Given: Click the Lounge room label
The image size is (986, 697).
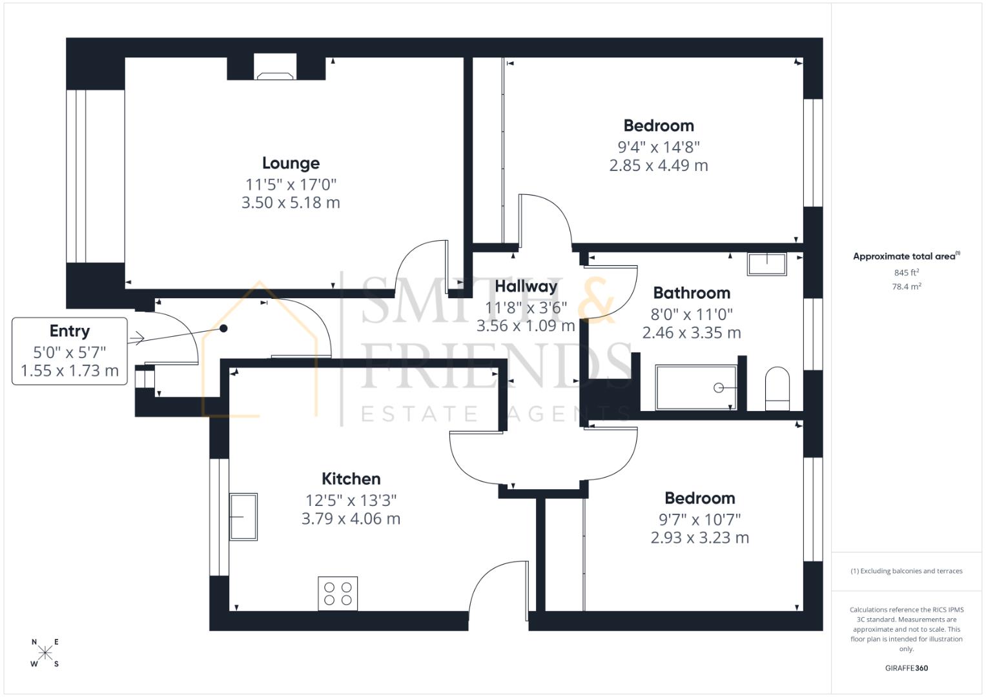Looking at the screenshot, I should [x=291, y=163].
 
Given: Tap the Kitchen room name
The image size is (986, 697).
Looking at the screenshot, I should [x=351, y=479].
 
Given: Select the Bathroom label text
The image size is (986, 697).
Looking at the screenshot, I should [x=692, y=293].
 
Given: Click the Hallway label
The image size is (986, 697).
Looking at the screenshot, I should [x=526, y=287].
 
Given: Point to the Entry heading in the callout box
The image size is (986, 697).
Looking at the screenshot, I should [x=70, y=331].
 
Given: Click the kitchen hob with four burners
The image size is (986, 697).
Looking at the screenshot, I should [x=338, y=594].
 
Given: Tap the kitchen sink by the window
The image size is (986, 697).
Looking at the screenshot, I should [x=243, y=516].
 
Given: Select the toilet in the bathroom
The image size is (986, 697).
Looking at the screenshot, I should [x=777, y=389].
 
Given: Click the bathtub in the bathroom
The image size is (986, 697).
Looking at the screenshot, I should [x=695, y=388].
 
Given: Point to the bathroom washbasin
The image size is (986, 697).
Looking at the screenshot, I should [x=767, y=265].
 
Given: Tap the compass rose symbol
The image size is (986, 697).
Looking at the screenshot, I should [x=45, y=653].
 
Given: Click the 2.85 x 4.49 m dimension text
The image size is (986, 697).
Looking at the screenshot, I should [x=659, y=166].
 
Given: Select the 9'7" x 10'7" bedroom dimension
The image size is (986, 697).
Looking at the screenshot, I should [x=699, y=520].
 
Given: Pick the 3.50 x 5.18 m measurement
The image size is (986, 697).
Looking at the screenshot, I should [x=291, y=203].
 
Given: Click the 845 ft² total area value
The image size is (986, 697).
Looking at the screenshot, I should [x=906, y=272].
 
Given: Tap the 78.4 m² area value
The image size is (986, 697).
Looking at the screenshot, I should [x=906, y=287].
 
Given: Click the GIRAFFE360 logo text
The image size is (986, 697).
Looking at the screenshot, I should [x=906, y=668].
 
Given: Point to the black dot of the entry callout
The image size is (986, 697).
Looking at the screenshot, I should [x=223, y=328].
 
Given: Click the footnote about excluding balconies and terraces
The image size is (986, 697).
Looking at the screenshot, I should [x=906, y=571].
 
